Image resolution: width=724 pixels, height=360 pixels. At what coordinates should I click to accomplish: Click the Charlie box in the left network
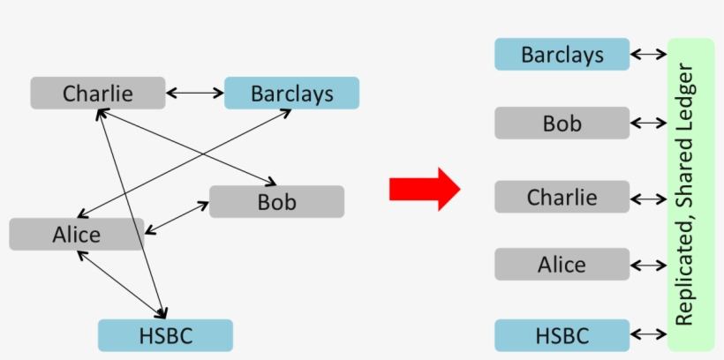pyautogui.click(x=97, y=93)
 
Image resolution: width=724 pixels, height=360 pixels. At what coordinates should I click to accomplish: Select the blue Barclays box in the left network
pyautogui.click(x=291, y=93)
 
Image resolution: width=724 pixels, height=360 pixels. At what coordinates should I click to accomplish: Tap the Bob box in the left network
pyautogui.click(x=276, y=202)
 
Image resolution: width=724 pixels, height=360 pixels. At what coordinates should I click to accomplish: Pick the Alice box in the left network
pyautogui.click(x=76, y=235)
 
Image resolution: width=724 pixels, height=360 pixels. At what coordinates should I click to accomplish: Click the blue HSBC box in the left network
pyautogui.click(x=165, y=335)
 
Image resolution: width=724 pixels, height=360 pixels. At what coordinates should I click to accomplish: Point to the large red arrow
pyautogui.click(x=424, y=188)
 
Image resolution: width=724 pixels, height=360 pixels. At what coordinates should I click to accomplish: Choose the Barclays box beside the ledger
pyautogui.click(x=562, y=55)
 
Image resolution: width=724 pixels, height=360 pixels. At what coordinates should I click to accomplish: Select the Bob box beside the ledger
pyautogui.click(x=562, y=124)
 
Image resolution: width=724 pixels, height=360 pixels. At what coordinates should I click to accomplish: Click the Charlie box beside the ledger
pyautogui.click(x=562, y=197)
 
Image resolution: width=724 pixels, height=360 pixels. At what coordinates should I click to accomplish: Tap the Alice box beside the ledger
pyautogui.click(x=562, y=264)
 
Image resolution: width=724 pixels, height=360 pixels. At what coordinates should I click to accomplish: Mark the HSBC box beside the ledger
pyautogui.click(x=562, y=335)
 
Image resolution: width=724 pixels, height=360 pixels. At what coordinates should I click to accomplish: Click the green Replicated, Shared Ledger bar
pyautogui.click(x=691, y=194)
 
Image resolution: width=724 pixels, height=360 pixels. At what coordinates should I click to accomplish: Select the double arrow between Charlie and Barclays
pyautogui.click(x=194, y=92)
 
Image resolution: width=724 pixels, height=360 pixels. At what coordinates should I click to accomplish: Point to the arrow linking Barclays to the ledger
pyautogui.click(x=649, y=55)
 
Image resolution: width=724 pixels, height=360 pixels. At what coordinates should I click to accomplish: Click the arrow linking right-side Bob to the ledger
pyautogui.click(x=649, y=124)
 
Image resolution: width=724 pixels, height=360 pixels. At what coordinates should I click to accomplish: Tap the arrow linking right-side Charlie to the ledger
pyautogui.click(x=649, y=199)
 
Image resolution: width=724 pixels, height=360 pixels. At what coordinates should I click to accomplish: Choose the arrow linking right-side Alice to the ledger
pyautogui.click(x=649, y=265)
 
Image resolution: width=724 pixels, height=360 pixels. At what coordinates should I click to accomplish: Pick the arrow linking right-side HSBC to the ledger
pyautogui.click(x=649, y=334)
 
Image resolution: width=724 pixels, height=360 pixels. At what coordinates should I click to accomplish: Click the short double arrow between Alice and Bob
pyautogui.click(x=176, y=218)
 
